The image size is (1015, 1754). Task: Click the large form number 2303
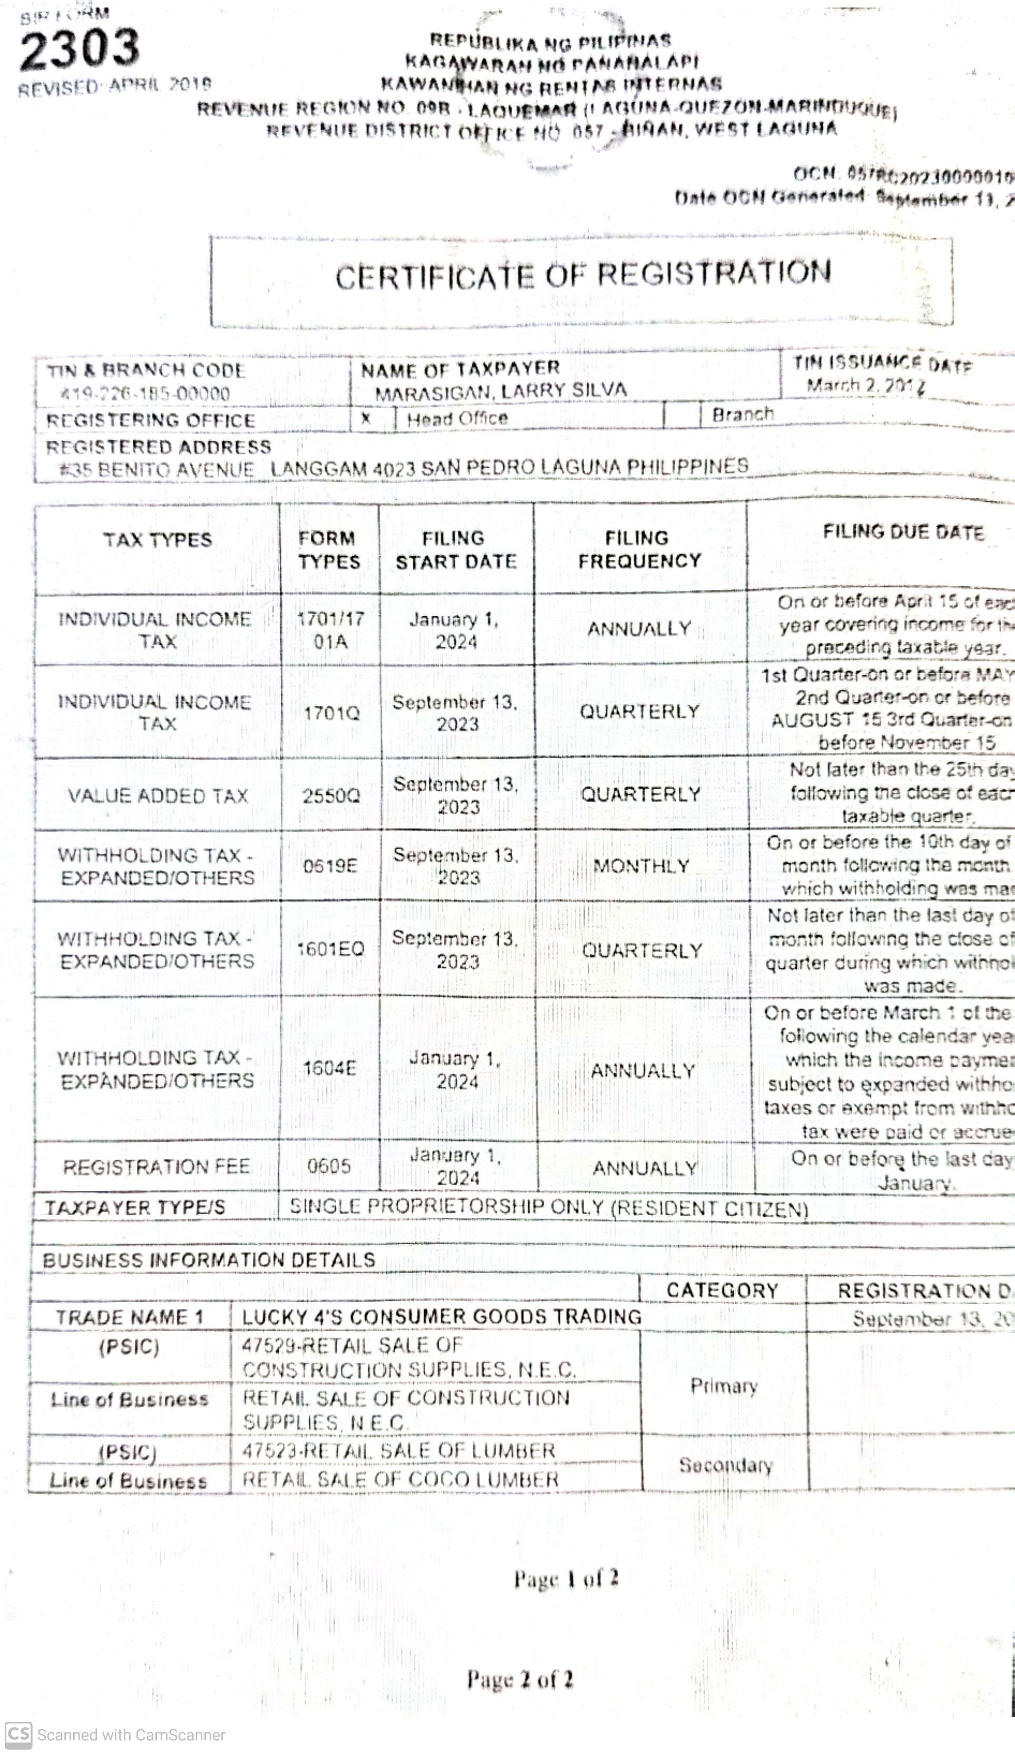(80, 50)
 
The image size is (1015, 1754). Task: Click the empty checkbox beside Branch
(682, 416)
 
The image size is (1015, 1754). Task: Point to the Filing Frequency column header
(639, 549)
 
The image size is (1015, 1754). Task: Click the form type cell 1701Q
(331, 713)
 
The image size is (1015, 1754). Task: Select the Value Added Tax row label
(157, 795)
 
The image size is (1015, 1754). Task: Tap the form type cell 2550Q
(331, 795)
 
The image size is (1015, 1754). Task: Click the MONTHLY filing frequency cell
(640, 866)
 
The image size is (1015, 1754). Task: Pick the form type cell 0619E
(330, 866)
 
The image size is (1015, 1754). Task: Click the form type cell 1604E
(330, 1068)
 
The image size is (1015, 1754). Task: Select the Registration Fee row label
(156, 1167)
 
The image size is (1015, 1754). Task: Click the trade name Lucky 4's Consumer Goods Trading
(441, 1317)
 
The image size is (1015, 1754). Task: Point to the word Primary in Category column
(723, 1386)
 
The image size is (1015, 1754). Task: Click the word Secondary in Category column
(725, 1465)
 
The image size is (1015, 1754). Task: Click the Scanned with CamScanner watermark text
(131, 1735)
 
